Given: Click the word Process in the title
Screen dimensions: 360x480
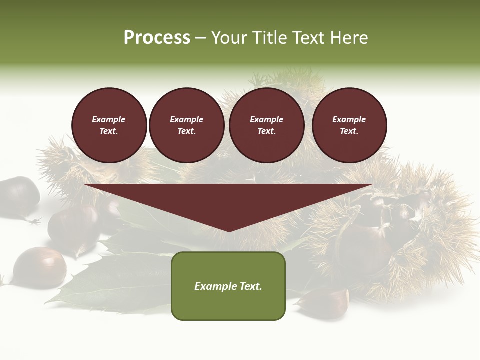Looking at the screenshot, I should (x=157, y=38).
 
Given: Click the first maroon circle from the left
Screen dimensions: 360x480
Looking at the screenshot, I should (x=109, y=125).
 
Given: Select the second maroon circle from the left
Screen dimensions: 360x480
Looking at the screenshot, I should (x=186, y=125).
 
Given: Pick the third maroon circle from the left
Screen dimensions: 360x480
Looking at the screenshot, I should (x=266, y=125).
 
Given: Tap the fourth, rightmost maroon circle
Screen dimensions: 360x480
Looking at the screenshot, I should (x=349, y=125).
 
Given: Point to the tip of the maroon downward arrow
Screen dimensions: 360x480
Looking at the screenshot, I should (x=228, y=230).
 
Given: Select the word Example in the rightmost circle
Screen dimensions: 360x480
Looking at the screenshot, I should (x=349, y=119).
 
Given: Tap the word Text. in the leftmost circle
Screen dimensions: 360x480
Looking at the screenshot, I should (x=109, y=131).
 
